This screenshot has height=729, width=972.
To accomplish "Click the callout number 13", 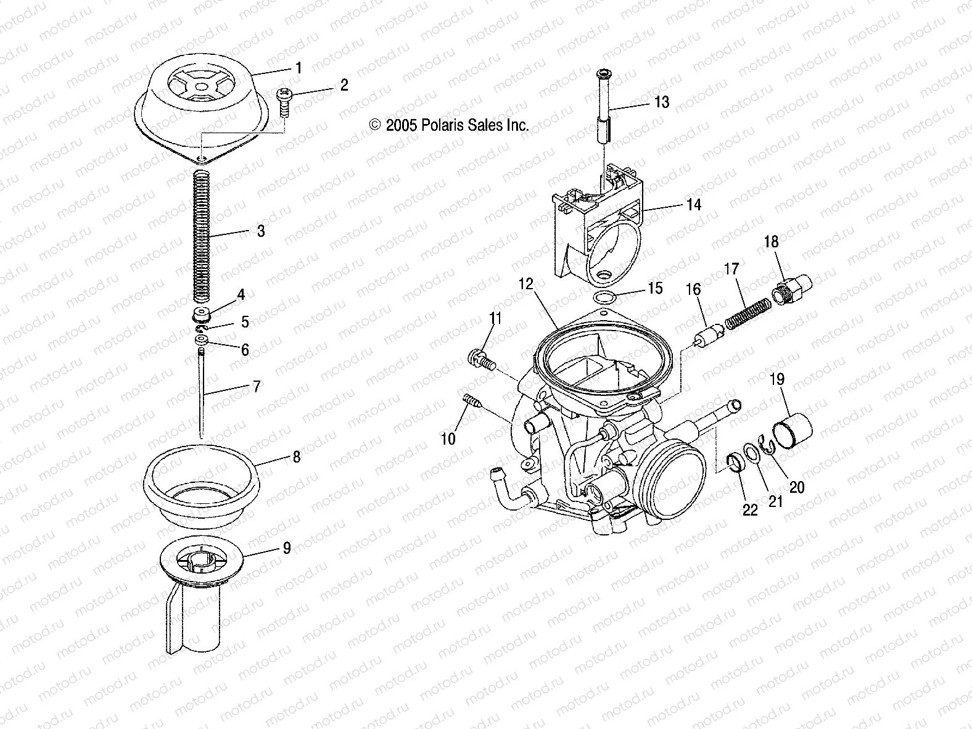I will [x=661, y=102].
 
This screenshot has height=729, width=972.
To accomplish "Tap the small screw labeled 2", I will [x=285, y=102].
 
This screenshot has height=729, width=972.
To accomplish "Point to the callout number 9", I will [x=287, y=548].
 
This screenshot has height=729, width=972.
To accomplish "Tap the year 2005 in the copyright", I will [x=402, y=125].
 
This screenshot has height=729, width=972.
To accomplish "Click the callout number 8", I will [x=297, y=458].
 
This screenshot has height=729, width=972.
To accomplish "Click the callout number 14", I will [x=694, y=204].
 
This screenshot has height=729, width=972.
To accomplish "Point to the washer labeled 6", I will [x=201, y=340].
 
